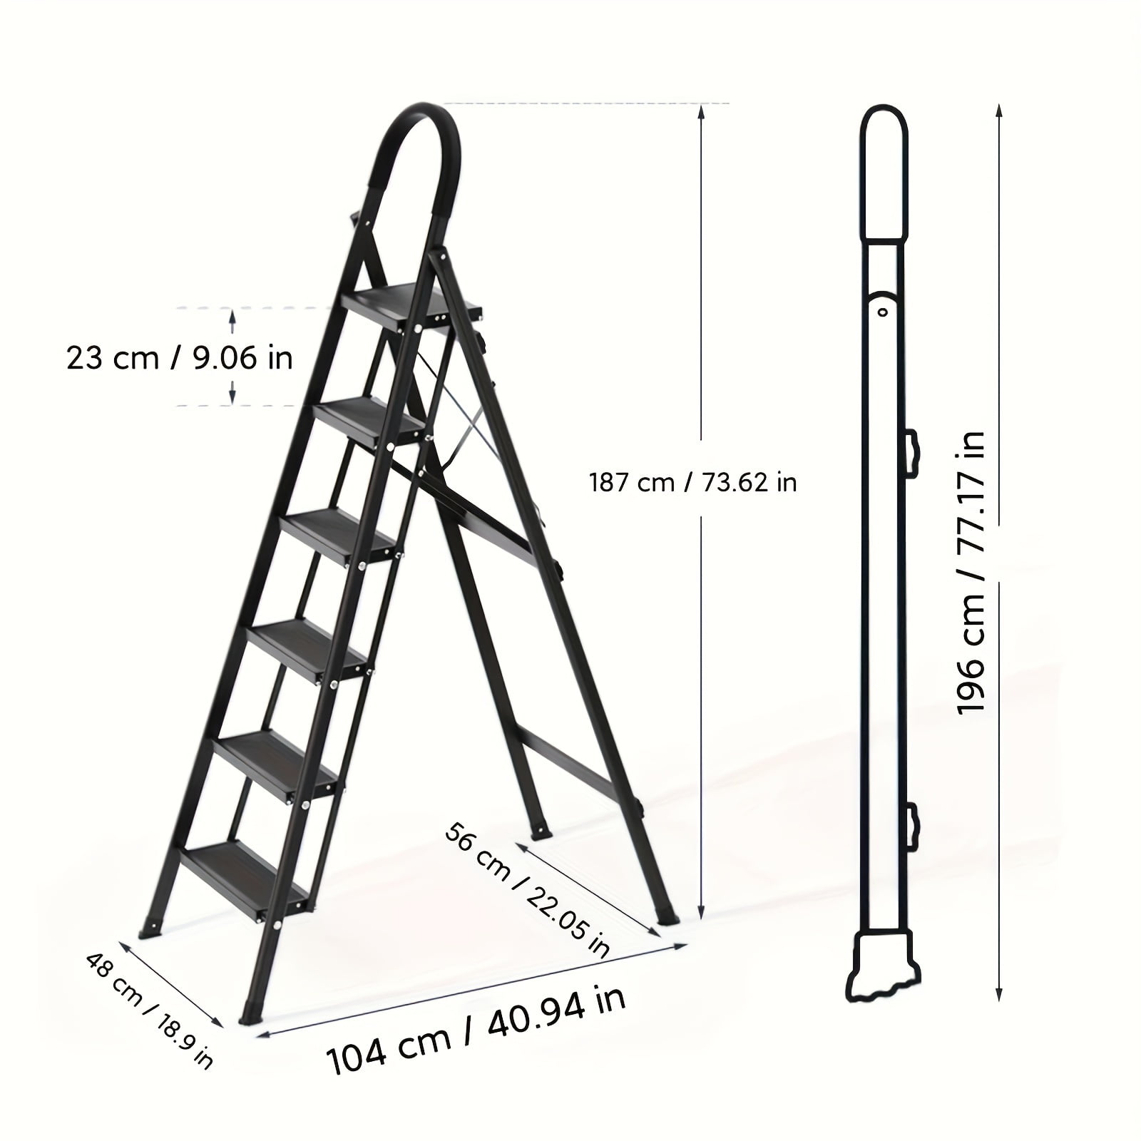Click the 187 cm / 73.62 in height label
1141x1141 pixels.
tap(692, 483)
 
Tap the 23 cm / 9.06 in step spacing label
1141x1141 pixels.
tap(180, 357)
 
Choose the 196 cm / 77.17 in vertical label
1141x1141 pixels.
tap(971, 572)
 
